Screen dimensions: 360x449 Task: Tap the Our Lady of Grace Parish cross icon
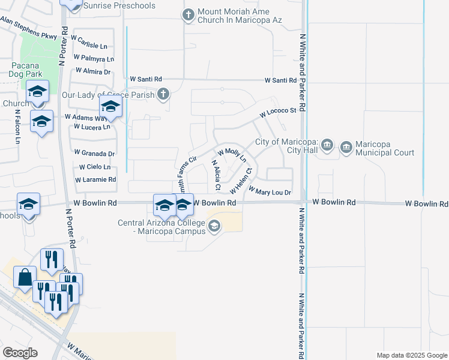pyautogui.click(x=163, y=94)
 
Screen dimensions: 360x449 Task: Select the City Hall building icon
pyautogui.click(x=327, y=145)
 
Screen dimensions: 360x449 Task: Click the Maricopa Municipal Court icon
pyautogui.click(x=346, y=147)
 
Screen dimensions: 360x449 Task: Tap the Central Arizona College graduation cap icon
pyautogui.click(x=214, y=227)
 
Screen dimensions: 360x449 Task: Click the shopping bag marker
pyautogui.click(x=25, y=278)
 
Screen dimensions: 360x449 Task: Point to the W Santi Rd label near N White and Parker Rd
pyautogui.click(x=281, y=80)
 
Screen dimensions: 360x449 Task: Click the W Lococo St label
pyautogui.click(x=278, y=112)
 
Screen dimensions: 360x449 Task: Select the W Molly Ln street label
pyautogui.click(x=232, y=155)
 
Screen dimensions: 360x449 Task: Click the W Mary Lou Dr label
pyautogui.click(x=269, y=192)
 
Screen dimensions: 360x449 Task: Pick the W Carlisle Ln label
pyautogui.click(x=89, y=46)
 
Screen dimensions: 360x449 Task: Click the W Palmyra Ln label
pyautogui.click(x=94, y=59)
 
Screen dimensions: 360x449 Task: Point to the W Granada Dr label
pyautogui.click(x=94, y=154)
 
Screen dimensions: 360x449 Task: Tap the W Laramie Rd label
pyautogui.click(x=95, y=179)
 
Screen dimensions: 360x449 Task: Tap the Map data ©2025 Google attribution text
pyautogui.click(x=411, y=355)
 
